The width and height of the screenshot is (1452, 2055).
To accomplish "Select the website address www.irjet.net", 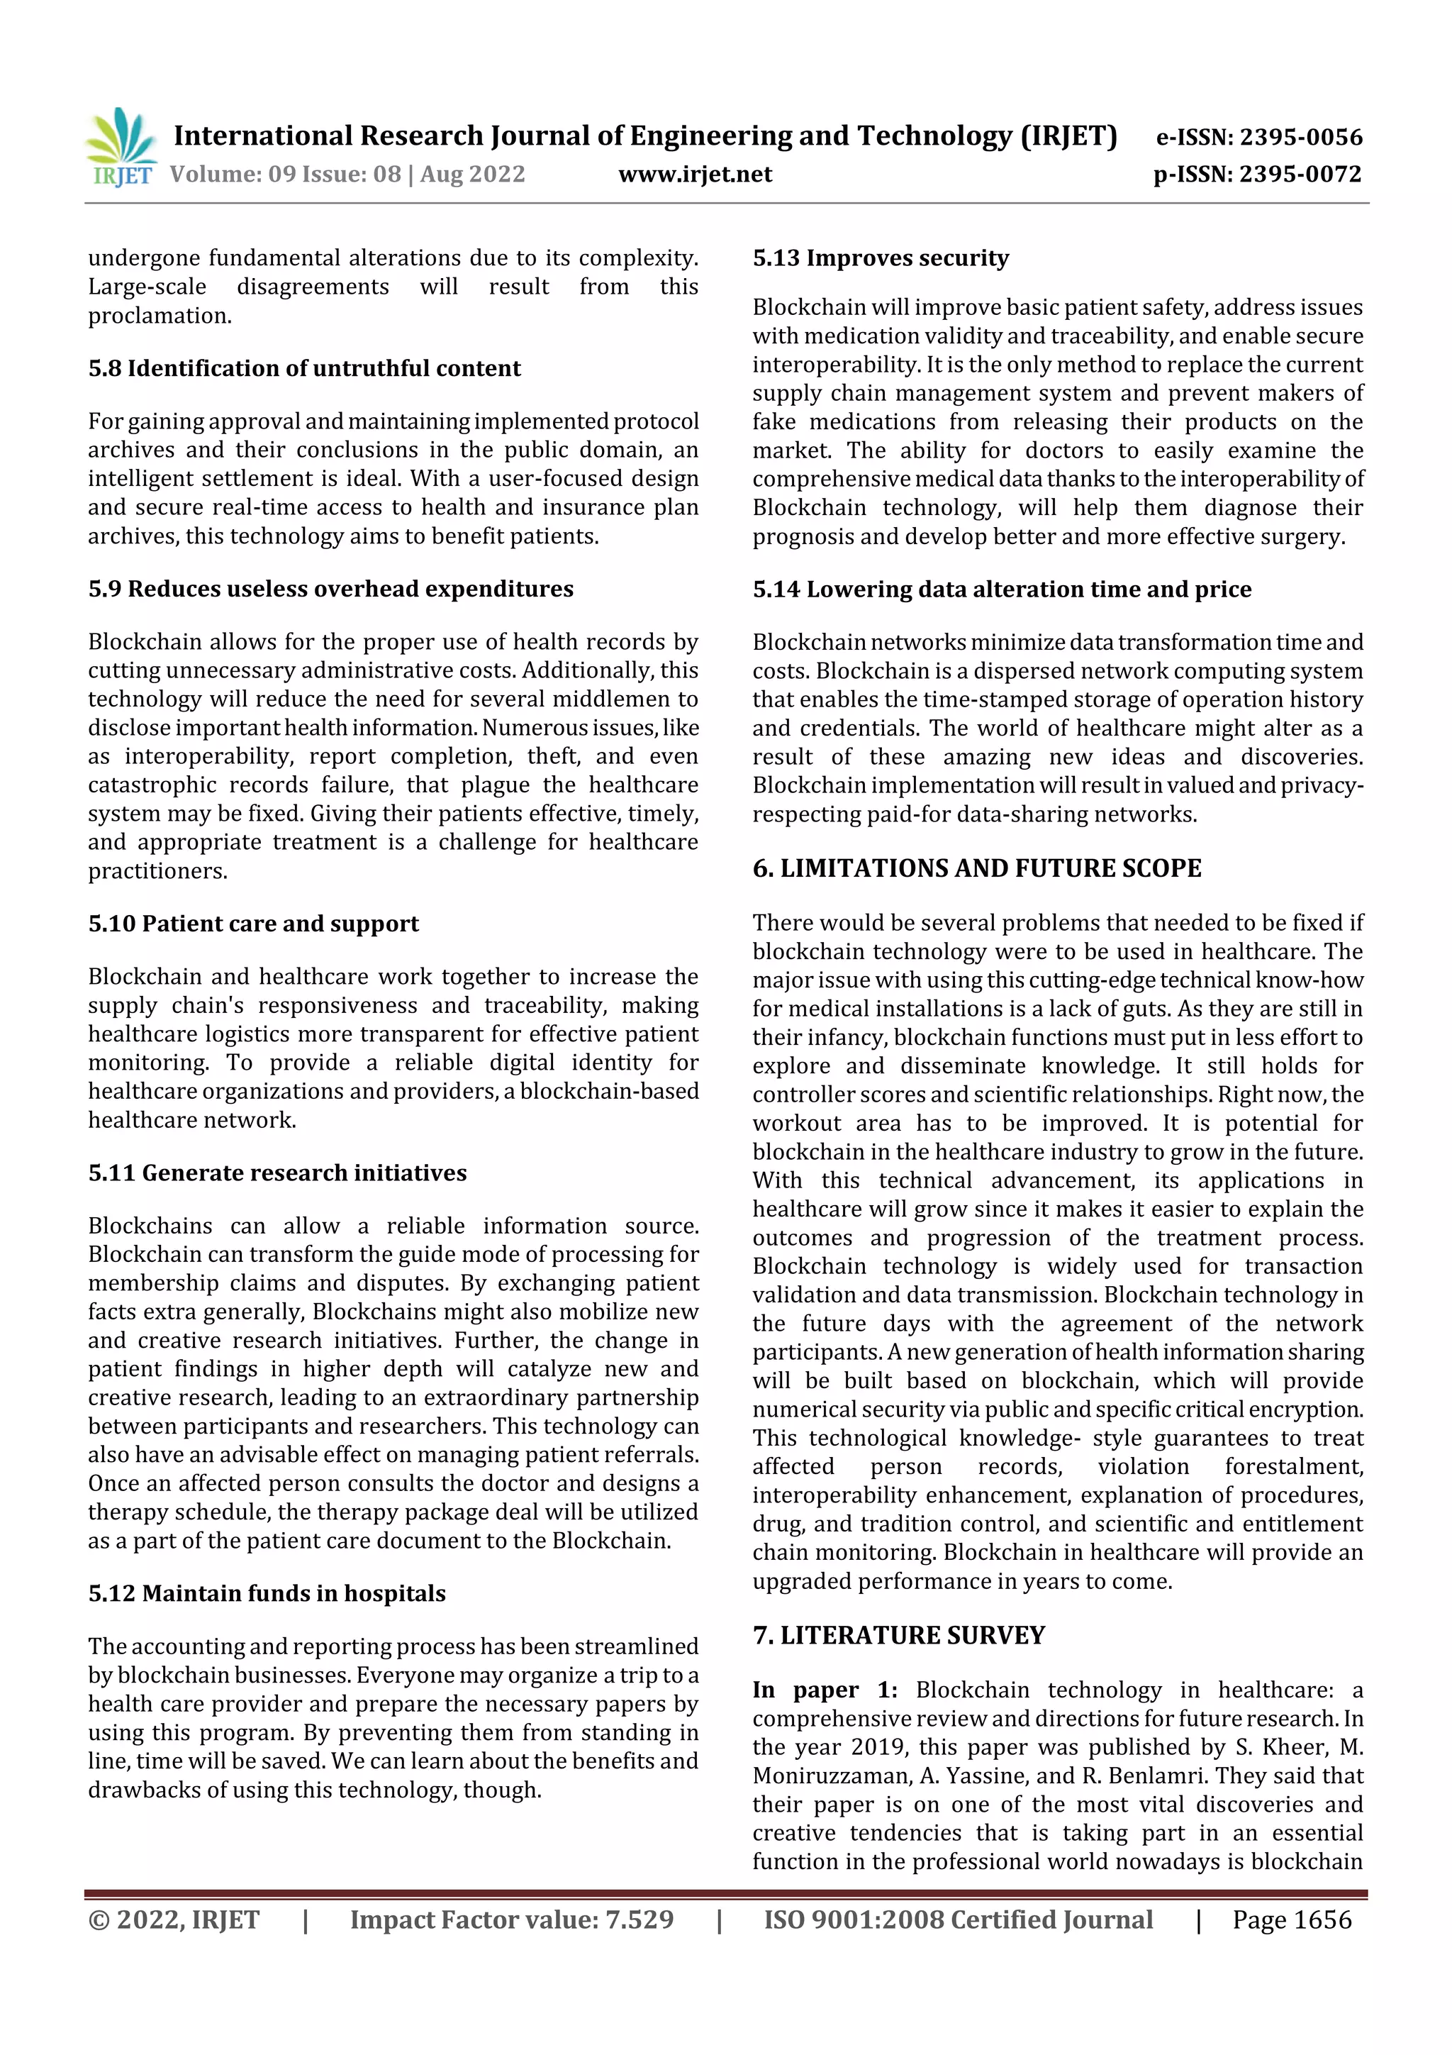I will click(x=694, y=175).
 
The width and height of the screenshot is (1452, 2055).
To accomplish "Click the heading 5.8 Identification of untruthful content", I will click(x=304, y=369).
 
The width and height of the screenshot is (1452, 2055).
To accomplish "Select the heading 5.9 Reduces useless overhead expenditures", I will click(x=331, y=589).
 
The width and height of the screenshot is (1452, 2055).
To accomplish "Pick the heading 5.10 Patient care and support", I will click(x=253, y=924).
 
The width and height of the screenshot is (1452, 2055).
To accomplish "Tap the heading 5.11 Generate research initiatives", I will click(x=277, y=1173).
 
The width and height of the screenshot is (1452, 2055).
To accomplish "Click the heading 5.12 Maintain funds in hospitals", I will click(x=267, y=1593).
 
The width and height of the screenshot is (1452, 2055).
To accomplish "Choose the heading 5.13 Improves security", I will click(x=881, y=259).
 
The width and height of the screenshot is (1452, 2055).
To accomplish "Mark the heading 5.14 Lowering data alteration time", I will click(x=1001, y=589).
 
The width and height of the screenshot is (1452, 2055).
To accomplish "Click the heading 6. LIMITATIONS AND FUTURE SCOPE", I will click(x=976, y=868).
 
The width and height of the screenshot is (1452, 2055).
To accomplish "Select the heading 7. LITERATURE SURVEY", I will click(x=898, y=1635).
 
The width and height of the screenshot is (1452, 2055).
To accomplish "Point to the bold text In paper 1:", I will click(x=824, y=1690).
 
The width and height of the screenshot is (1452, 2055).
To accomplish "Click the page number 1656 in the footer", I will click(x=1322, y=1920).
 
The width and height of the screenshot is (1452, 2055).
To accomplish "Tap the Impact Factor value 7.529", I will click(x=639, y=1920).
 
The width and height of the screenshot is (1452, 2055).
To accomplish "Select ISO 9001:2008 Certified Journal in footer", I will click(x=957, y=1920).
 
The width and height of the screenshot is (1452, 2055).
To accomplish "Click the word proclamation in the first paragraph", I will click(x=160, y=316).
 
